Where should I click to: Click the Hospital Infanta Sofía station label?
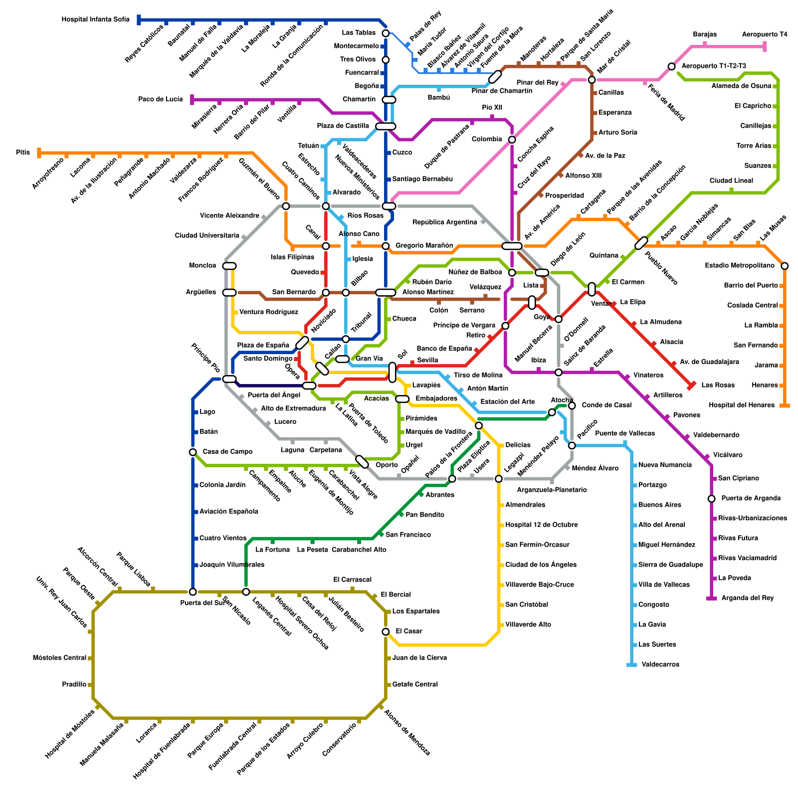(x=95, y=20)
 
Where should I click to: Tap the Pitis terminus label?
(x=23, y=153)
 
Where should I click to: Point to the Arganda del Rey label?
(x=747, y=598)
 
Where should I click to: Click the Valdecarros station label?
(x=660, y=664)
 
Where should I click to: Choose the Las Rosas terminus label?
(x=718, y=385)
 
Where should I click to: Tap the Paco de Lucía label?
(x=161, y=99)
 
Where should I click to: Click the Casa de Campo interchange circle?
(x=193, y=452)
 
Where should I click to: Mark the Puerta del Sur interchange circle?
(x=193, y=592)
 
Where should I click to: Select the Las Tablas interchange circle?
(x=386, y=33)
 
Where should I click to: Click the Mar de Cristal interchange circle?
(x=592, y=80)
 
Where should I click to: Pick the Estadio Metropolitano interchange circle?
(x=785, y=266)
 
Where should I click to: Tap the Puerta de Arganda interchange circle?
(x=712, y=499)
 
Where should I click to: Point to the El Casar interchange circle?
(x=386, y=631)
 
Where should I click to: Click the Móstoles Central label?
(x=59, y=658)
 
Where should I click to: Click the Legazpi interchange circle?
(x=499, y=479)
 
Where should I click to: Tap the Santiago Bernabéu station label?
(x=422, y=179)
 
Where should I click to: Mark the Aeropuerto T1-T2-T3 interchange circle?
(x=672, y=66)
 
